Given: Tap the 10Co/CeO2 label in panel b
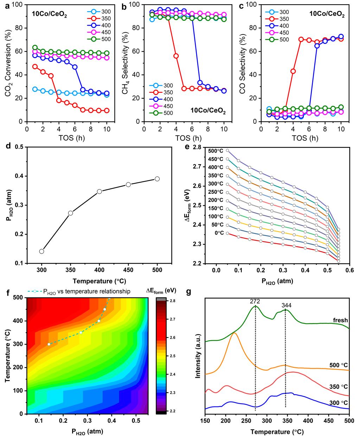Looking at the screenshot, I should [x=208, y=111].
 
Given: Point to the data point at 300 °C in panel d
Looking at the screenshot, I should [x=42, y=251].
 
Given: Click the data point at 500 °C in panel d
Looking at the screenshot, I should [x=157, y=179].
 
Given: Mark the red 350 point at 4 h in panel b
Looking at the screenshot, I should [x=176, y=56].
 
